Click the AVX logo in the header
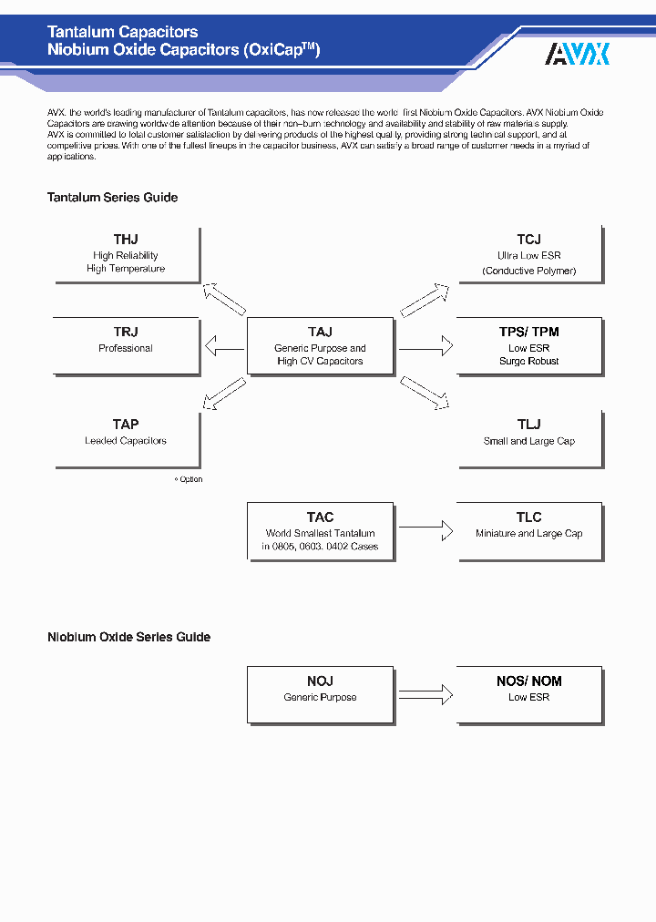tap(577, 55)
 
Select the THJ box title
tap(126, 240)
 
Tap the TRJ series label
tap(126, 333)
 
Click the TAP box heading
tap(126, 425)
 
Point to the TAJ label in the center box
tap(320, 333)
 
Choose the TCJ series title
tap(528, 240)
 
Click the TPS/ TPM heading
tap(528, 333)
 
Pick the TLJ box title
tap(528, 425)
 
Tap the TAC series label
tap(320, 517)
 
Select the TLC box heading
tap(528, 517)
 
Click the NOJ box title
tap(320, 681)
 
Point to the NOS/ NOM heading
tap(528, 681)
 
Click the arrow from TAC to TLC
tap(425, 528)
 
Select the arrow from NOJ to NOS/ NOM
tap(425, 695)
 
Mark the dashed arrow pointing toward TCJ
tap(425, 299)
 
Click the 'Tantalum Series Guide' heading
tap(112, 198)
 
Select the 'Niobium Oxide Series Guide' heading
tap(128, 638)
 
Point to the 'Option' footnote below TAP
tap(189, 479)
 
